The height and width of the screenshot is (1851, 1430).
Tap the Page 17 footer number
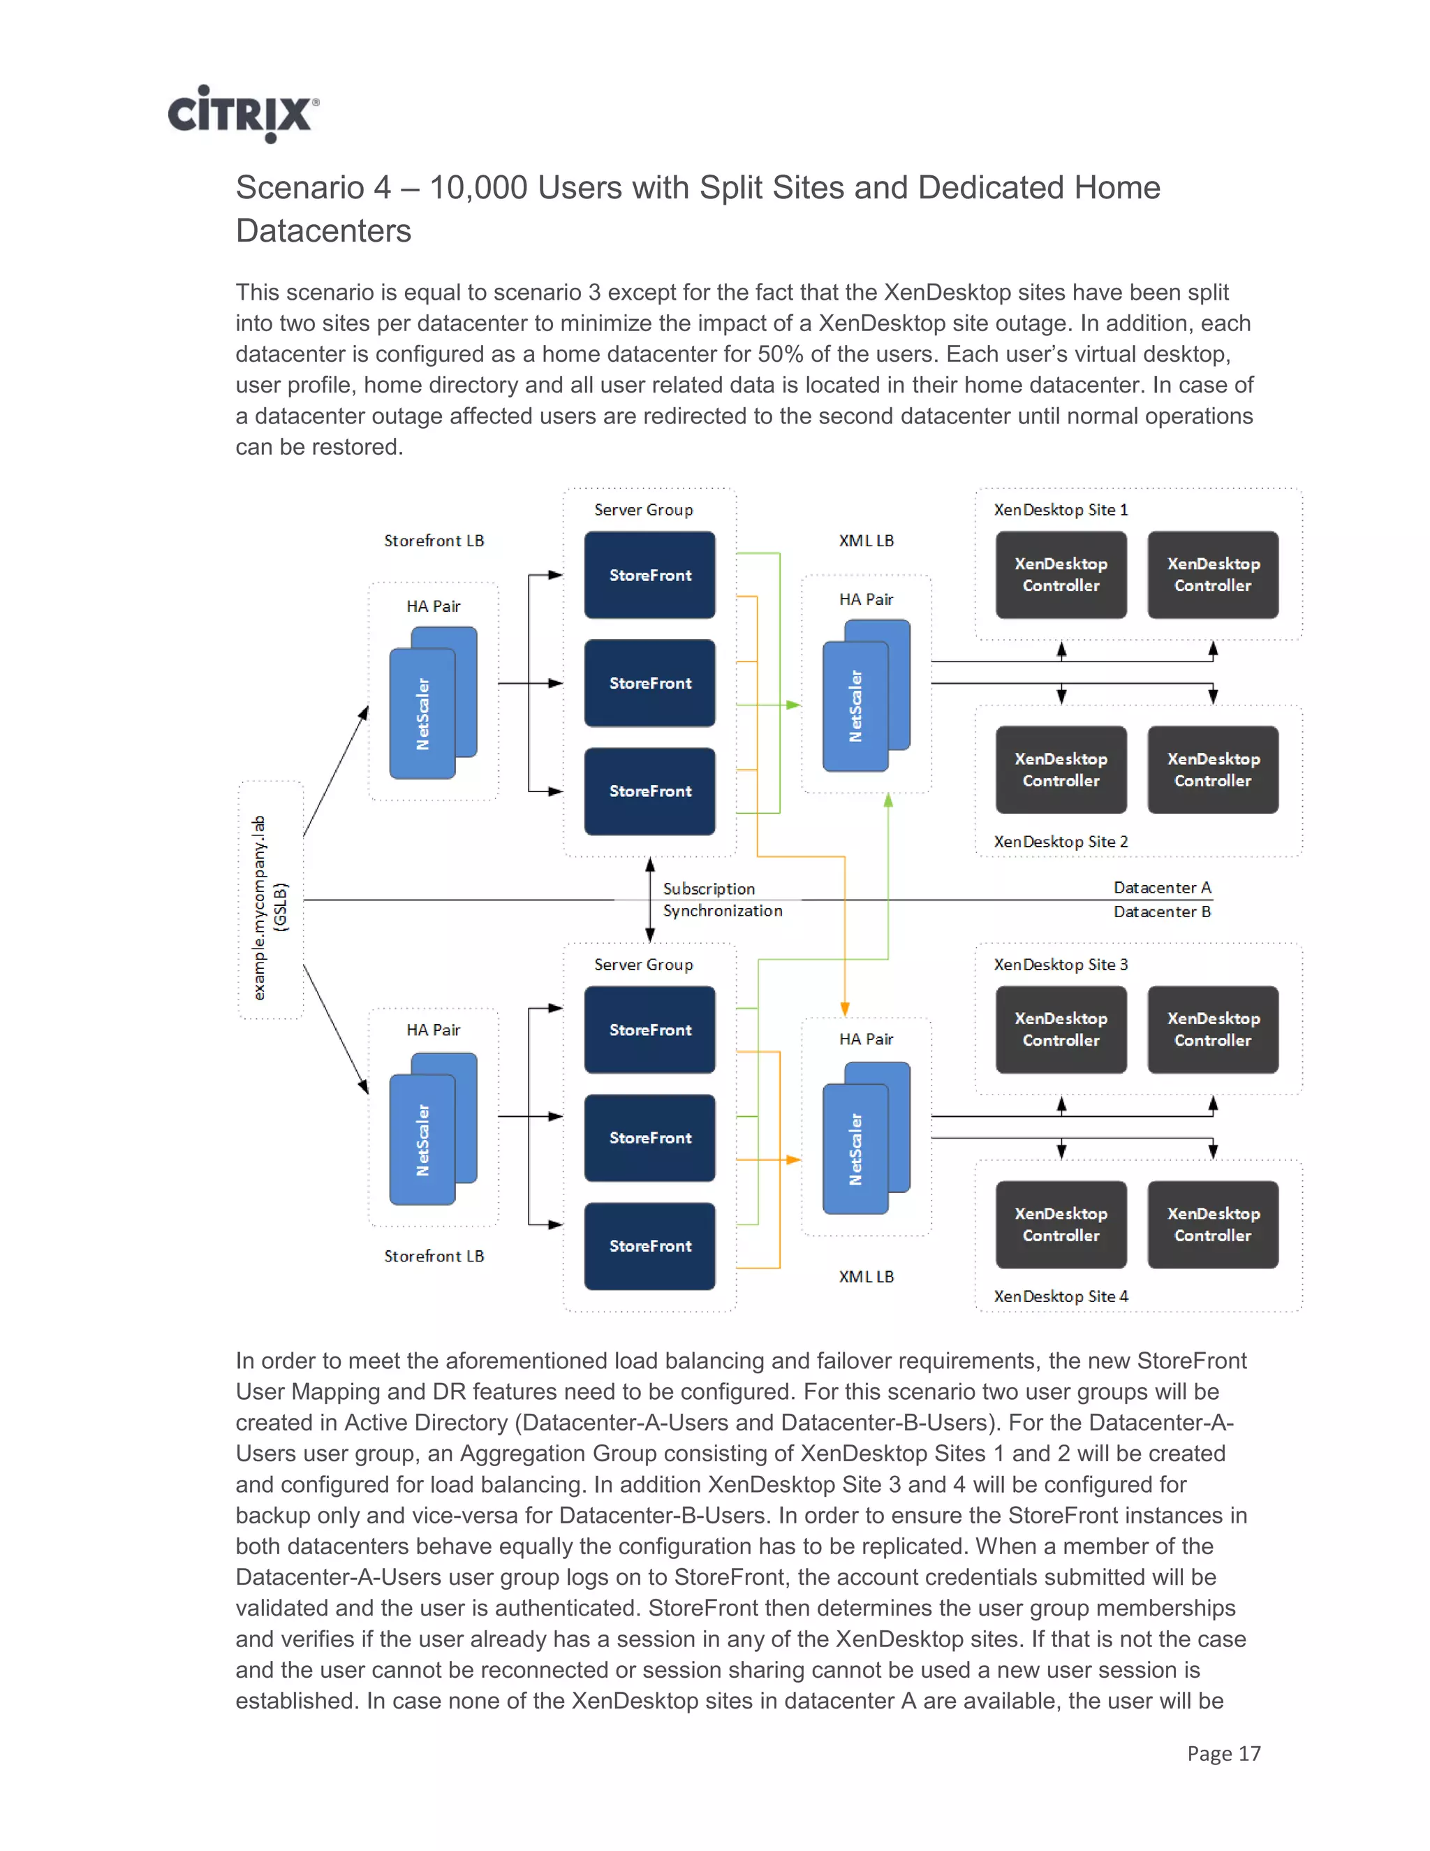pos(1223,1753)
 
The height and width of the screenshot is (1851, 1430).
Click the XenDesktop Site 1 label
pos(1060,509)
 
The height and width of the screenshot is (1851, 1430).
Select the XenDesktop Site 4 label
pos(1060,1296)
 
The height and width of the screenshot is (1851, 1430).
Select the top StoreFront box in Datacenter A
pos(650,575)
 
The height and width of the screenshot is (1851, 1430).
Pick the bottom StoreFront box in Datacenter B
pos(650,1246)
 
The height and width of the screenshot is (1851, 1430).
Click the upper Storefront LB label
pos(434,541)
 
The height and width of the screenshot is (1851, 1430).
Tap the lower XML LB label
pos(866,1276)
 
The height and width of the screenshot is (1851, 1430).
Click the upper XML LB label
pos(866,541)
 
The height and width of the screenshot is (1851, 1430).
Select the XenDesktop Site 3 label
pos(1060,965)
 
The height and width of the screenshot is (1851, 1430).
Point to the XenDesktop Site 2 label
pos(1060,842)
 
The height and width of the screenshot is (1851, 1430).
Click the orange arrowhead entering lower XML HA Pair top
pos(845,1009)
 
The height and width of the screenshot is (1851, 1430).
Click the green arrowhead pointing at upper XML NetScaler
pos(793,704)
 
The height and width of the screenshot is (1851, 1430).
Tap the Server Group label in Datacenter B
pos(643,965)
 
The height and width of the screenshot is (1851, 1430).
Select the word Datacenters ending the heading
pos(323,231)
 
